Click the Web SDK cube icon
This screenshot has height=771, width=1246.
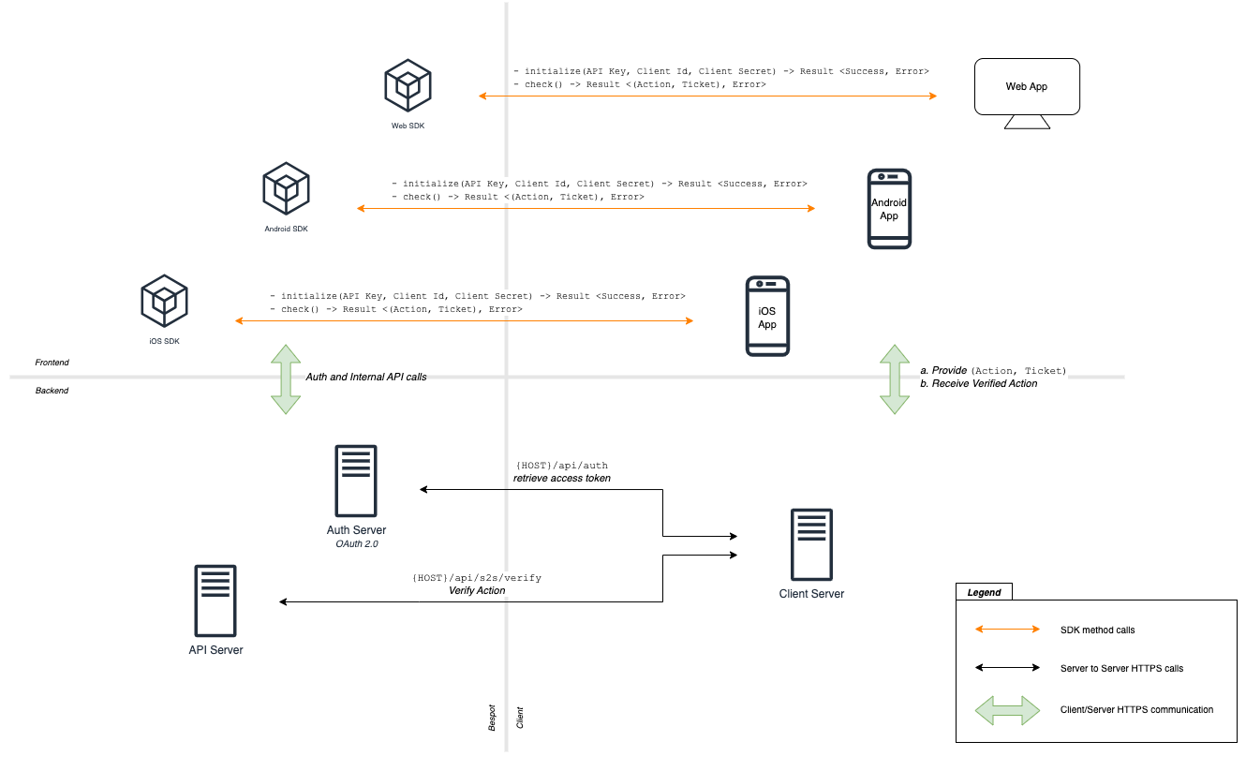408,84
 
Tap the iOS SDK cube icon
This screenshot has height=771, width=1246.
164,299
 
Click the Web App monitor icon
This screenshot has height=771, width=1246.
1027,93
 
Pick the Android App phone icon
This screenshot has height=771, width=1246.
889,209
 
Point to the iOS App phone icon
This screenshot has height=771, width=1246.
767,317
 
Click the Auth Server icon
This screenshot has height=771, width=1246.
356,481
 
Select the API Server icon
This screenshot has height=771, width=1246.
215,600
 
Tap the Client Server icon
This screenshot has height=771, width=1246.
811,545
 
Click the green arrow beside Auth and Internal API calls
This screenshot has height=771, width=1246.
286,378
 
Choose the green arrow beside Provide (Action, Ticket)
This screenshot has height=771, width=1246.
895,378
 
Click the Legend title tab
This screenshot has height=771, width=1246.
984,592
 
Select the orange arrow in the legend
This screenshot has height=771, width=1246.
1007,630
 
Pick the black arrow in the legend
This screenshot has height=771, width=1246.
1007,668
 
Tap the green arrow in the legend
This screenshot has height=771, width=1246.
1007,710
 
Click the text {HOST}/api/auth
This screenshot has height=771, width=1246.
562,466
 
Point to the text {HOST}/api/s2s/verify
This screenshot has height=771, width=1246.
477,578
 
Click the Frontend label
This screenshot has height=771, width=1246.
52,363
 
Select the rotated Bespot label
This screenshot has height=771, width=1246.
492,718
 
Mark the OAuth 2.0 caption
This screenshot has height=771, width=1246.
356,543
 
